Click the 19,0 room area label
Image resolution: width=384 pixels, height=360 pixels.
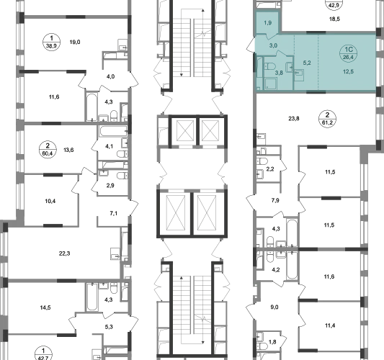(75, 42)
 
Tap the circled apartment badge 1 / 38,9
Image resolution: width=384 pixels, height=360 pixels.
(51, 42)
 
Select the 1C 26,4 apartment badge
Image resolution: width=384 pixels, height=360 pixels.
(349, 53)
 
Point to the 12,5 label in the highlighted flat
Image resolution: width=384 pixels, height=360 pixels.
(348, 71)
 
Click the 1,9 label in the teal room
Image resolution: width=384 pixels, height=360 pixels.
(268, 23)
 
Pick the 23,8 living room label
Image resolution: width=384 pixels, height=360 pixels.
(294, 119)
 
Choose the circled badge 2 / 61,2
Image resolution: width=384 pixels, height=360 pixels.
(327, 119)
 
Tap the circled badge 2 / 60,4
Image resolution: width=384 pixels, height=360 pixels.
(48, 150)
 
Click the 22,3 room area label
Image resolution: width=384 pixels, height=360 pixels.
(64, 253)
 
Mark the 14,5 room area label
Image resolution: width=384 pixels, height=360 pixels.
(45, 307)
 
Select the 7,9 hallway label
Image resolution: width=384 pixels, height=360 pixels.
(275, 200)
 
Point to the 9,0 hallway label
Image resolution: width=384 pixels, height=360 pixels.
(274, 307)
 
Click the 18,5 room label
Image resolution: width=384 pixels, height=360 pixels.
(334, 19)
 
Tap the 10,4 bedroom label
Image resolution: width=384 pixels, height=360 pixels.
(50, 201)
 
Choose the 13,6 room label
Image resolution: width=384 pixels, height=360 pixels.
(68, 150)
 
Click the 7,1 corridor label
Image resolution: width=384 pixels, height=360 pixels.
(113, 213)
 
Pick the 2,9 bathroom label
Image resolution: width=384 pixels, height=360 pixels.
(110, 186)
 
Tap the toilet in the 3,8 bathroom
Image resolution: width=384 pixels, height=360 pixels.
(269, 66)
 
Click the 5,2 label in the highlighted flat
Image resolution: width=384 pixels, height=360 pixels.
(307, 63)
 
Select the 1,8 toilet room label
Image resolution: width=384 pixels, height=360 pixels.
(272, 342)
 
